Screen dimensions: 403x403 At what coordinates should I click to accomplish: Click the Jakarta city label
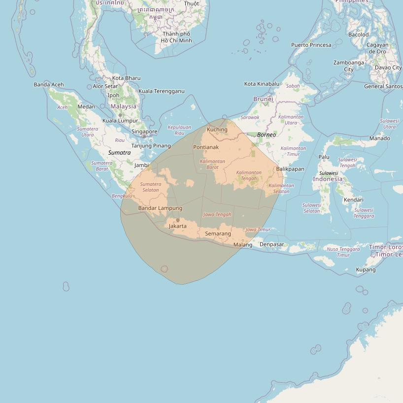177,226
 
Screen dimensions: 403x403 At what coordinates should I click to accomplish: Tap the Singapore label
144,132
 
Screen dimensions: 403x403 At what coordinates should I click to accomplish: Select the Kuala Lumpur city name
120,121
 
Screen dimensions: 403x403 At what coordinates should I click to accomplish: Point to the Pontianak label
206,147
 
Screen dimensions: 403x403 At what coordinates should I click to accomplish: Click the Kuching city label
217,130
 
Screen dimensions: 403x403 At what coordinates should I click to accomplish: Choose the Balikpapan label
290,169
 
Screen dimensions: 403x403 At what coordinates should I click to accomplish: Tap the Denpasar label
272,244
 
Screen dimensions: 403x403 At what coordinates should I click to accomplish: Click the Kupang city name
366,269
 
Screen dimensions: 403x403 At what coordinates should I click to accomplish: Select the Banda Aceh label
49,85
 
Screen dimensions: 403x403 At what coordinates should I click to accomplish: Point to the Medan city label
86,106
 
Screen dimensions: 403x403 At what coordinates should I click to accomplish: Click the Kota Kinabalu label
262,84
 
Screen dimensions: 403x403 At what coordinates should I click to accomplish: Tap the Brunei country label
263,99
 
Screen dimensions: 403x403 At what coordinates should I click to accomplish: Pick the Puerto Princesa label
311,45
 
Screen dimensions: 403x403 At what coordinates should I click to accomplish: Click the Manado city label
379,138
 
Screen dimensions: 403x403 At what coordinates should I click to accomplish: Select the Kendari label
354,200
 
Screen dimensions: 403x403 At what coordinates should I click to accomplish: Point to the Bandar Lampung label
160,208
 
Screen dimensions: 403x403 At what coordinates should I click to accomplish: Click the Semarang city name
218,234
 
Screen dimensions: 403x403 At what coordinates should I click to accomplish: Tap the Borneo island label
267,134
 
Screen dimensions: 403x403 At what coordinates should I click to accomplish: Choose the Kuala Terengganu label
162,91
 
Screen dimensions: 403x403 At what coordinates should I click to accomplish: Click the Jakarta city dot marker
178,220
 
